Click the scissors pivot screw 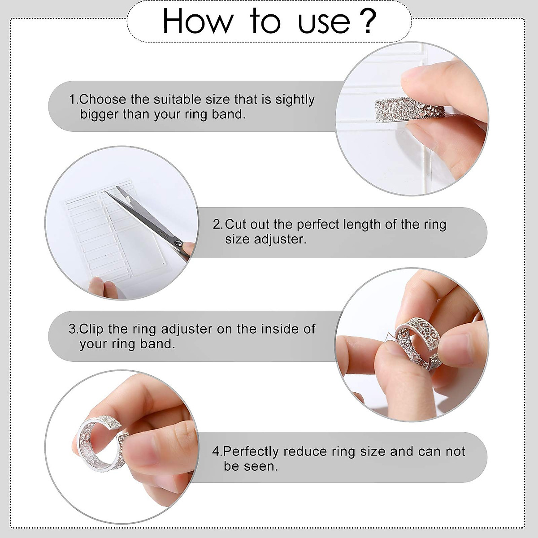178,243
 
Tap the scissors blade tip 106,192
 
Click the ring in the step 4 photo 96,442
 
